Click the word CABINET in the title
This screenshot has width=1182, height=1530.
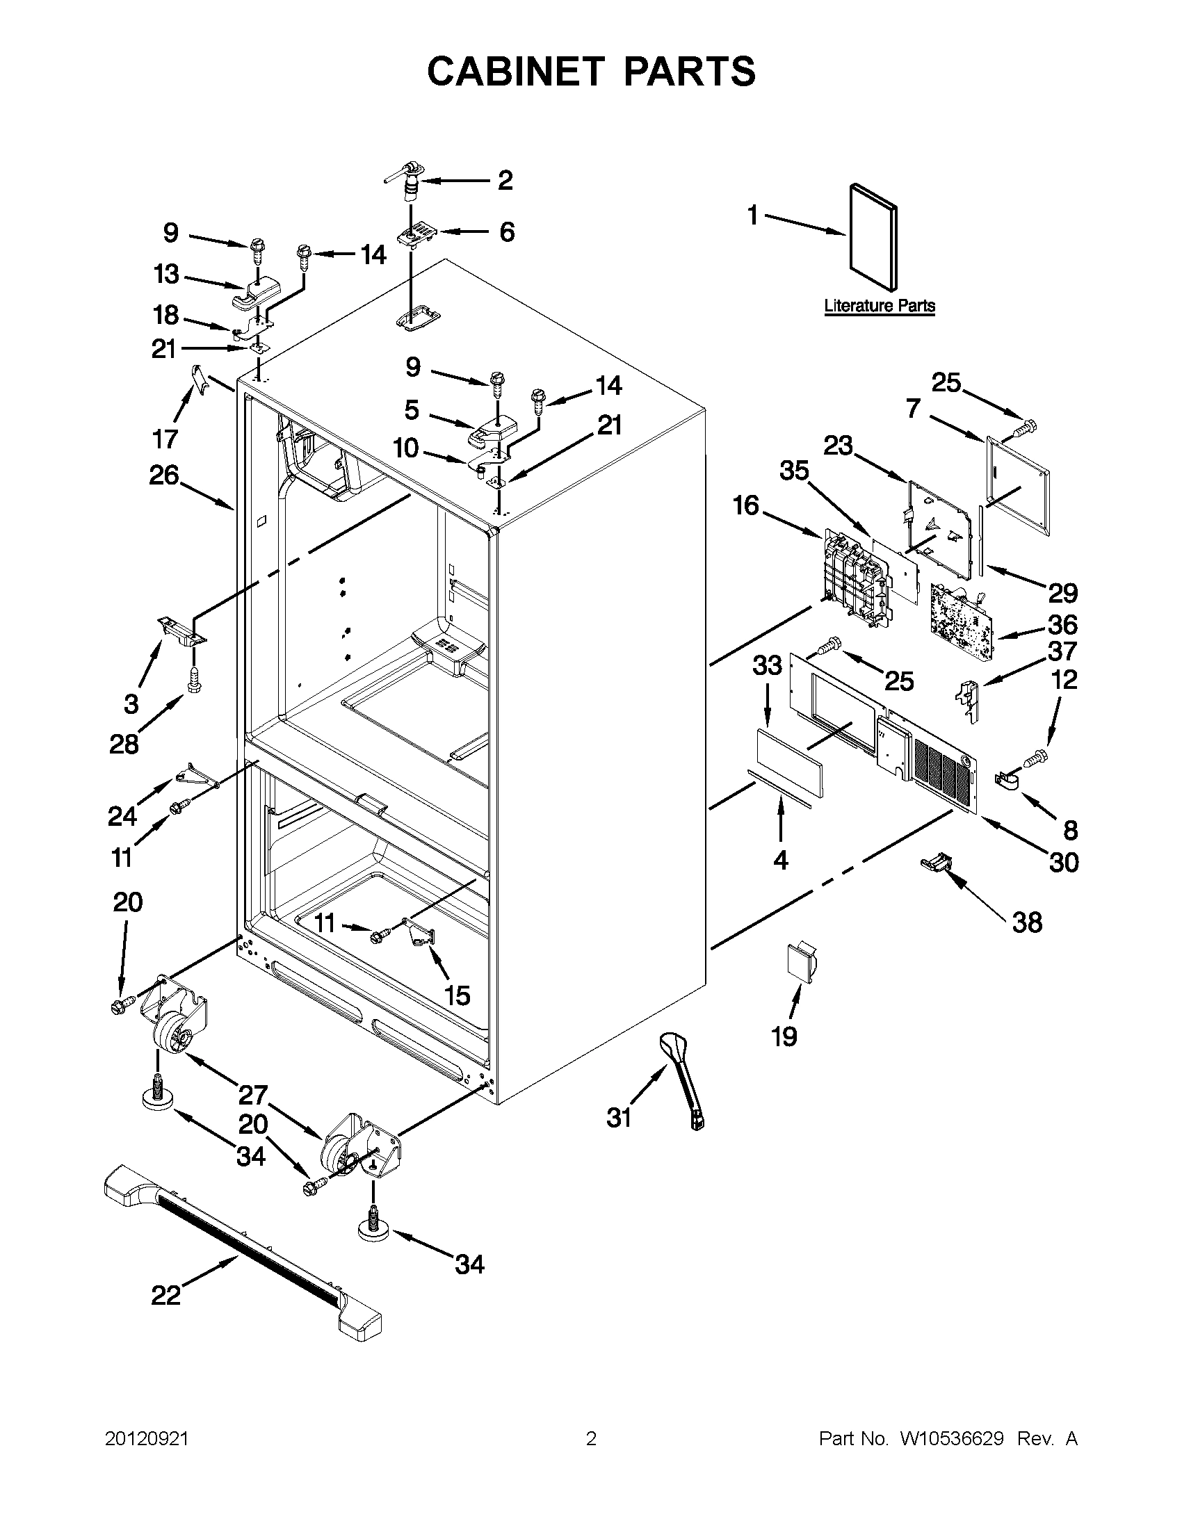[x=515, y=71]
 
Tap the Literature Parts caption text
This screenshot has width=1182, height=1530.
[x=880, y=305]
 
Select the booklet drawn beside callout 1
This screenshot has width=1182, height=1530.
[x=873, y=237]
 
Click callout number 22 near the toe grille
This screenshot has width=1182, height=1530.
[x=166, y=1295]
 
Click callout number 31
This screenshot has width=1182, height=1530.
[x=620, y=1117]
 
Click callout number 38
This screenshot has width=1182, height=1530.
[x=1027, y=922]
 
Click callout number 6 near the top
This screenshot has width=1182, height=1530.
[x=507, y=232]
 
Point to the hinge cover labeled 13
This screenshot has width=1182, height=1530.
[x=254, y=294]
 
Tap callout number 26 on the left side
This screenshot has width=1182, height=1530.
[x=164, y=475]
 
